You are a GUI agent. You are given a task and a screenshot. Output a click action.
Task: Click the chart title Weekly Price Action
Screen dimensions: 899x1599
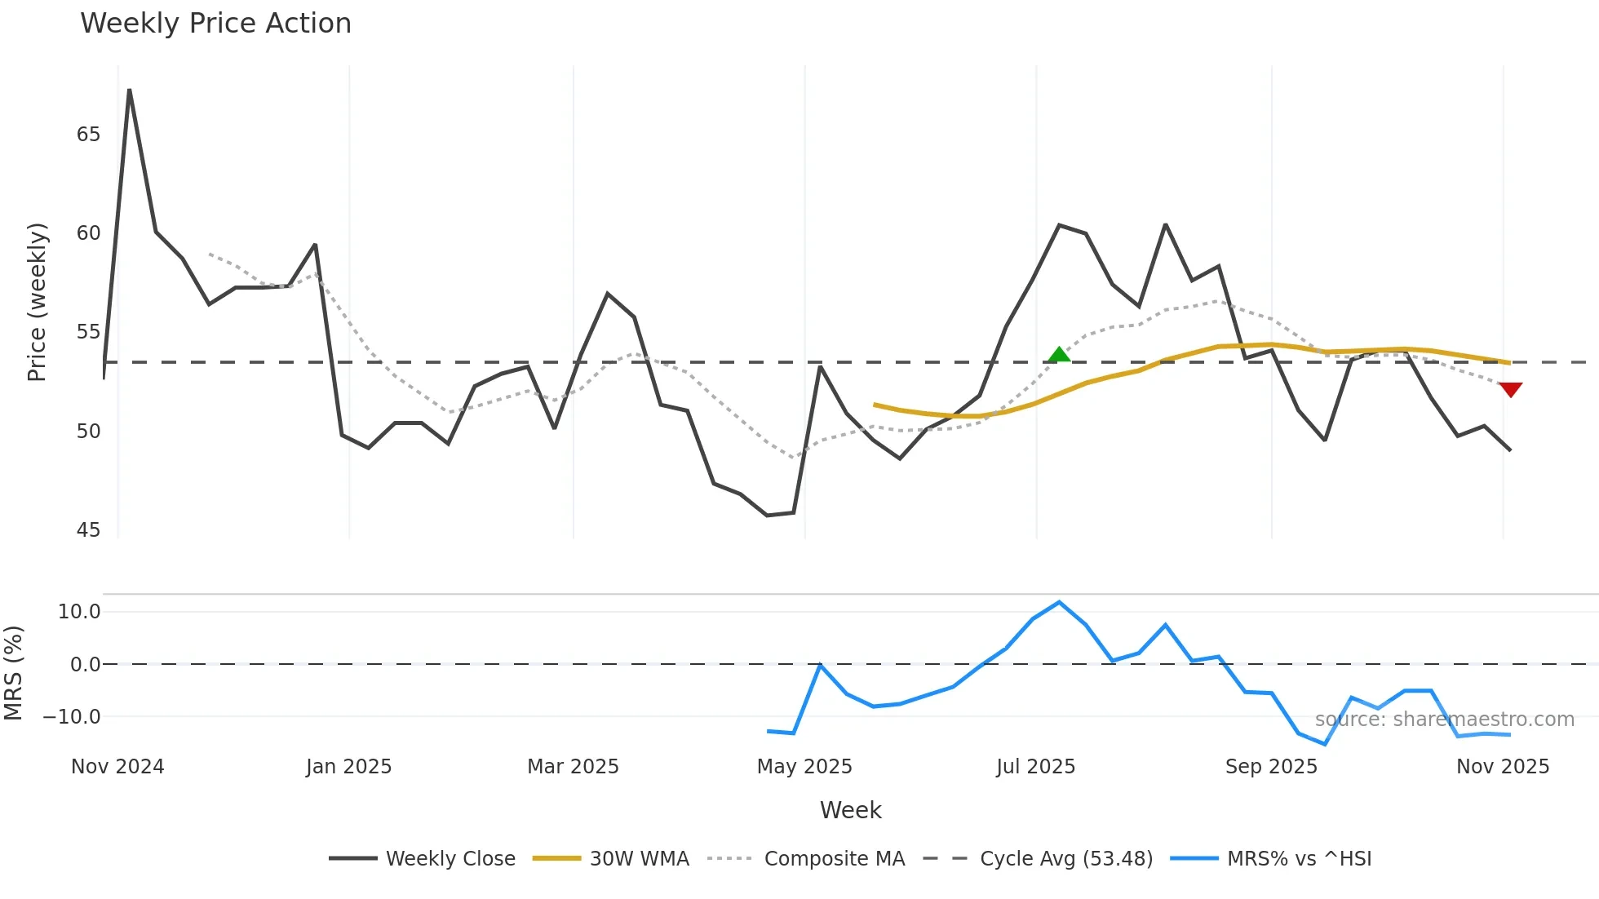(x=215, y=24)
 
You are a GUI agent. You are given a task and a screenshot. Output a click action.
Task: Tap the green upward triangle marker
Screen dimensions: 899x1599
(x=1059, y=355)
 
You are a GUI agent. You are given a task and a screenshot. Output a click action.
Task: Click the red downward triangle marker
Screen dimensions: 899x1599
(x=1510, y=390)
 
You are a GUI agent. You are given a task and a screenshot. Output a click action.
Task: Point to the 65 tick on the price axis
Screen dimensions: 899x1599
(x=88, y=135)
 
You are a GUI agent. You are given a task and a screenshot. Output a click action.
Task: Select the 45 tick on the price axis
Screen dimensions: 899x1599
(x=88, y=530)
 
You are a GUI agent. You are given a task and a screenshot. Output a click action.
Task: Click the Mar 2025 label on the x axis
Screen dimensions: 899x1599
(x=573, y=767)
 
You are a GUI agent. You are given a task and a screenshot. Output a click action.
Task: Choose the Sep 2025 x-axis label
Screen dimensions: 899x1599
(x=1271, y=767)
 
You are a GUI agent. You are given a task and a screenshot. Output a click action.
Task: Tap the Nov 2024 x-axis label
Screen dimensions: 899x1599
(x=117, y=767)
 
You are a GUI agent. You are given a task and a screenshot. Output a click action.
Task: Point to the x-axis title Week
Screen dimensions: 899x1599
(x=850, y=810)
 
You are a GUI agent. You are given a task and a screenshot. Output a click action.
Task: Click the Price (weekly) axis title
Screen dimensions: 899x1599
(x=37, y=302)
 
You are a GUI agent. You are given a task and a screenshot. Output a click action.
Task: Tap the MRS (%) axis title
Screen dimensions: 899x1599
(x=13, y=673)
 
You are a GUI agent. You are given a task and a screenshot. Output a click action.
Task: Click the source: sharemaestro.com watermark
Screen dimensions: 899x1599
(x=1444, y=720)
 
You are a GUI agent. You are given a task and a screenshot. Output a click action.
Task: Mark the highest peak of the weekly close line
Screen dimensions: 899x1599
(x=130, y=91)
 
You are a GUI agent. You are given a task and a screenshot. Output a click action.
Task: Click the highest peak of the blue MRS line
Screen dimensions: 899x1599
(x=1059, y=603)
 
